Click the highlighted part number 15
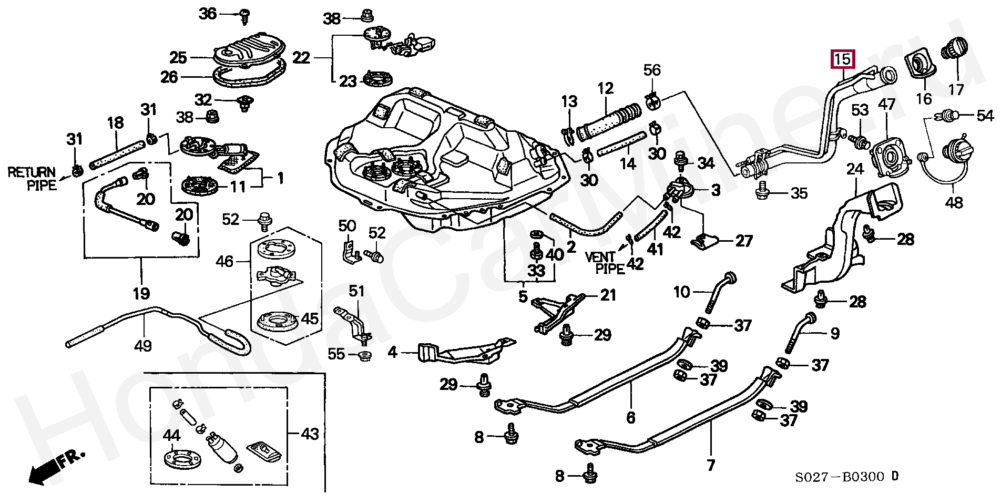pos(843,59)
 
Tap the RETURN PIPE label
pos(32,178)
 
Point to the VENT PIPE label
pos(605,263)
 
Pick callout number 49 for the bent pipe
pos(142,345)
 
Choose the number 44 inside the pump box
pos(172,435)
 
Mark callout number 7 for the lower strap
pos(711,465)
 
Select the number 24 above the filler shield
pos(855,169)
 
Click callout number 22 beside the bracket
pos(301,57)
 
